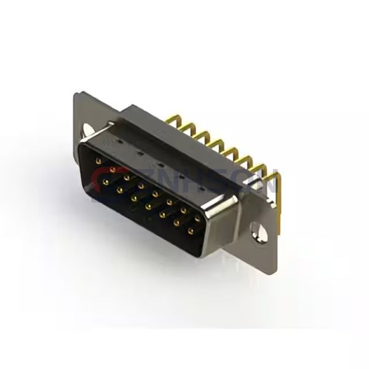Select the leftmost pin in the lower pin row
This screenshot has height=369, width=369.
106,183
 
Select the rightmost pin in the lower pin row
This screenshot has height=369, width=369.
190,231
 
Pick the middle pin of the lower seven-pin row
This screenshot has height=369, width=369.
148,207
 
